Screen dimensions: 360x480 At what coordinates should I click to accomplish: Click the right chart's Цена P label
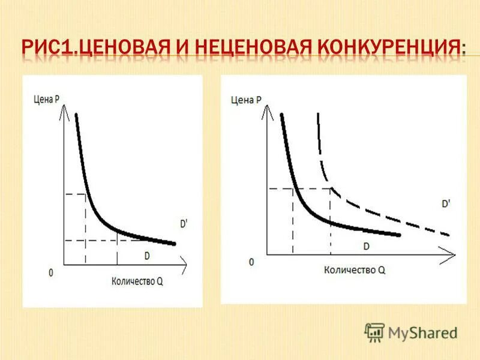coord(247,100)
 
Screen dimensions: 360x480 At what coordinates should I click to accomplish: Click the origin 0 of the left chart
coord(51,272)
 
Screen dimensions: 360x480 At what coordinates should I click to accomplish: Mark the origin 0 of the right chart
coord(251,262)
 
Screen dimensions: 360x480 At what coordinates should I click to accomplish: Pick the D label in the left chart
coord(147,256)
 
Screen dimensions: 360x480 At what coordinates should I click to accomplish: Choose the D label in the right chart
coord(366,246)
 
